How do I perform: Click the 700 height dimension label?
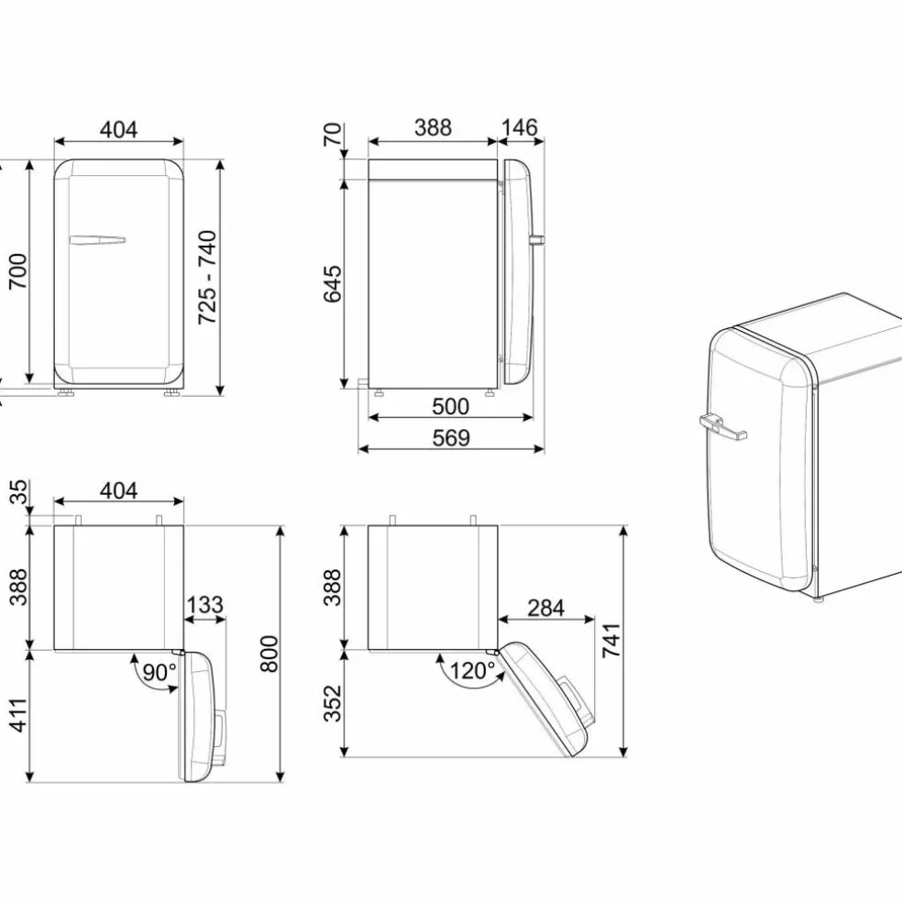tap(17, 271)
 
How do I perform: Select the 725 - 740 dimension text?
tap(207, 277)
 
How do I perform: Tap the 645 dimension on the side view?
tap(333, 283)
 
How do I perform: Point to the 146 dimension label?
tap(520, 127)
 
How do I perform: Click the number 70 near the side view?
tap(333, 135)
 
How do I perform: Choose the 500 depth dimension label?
tap(450, 407)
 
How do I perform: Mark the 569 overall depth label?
tap(451, 438)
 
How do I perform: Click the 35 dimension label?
tap(18, 492)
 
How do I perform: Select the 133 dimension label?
tap(204, 605)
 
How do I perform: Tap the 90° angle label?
tap(159, 671)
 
